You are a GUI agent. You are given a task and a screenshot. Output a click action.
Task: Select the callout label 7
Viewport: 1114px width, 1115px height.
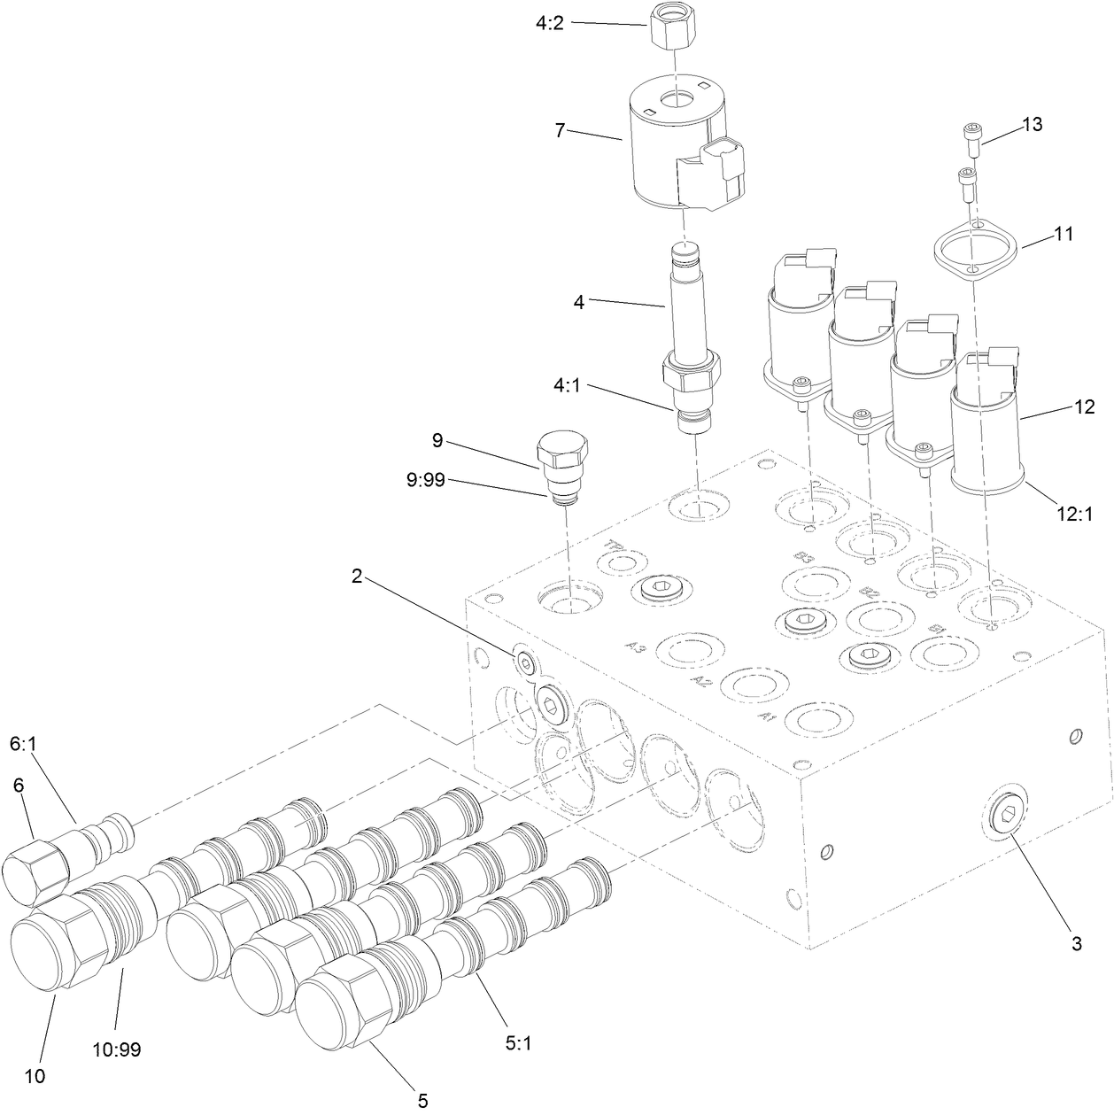pos(560,130)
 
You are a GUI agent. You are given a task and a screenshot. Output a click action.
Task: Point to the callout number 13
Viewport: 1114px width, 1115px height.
pos(1032,124)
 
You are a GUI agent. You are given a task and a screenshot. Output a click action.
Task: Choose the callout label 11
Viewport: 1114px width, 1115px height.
pos(1064,235)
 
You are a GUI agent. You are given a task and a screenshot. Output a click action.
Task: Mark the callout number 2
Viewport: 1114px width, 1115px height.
pos(356,576)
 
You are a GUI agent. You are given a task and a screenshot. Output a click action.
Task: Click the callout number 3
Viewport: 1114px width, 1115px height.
pos(1077,944)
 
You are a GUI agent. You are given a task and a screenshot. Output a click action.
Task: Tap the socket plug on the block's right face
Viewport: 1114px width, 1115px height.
pos(1005,818)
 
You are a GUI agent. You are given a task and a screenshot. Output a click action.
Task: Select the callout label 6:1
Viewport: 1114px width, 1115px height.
pos(23,747)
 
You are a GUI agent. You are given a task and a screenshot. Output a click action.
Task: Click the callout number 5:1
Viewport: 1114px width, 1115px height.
pos(518,1044)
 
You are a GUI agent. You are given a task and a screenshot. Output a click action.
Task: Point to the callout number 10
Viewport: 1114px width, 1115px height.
pos(35,1077)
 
